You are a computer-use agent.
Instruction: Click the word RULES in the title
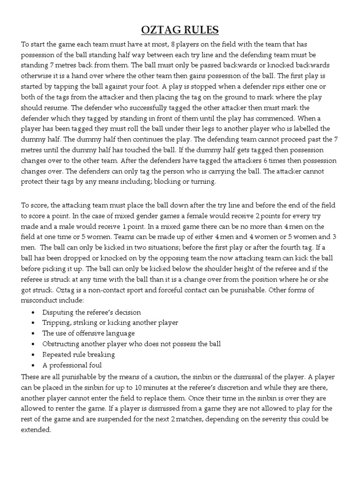(201, 30)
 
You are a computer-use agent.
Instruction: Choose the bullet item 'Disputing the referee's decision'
(91, 312)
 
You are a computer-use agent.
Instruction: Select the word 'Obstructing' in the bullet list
(61, 344)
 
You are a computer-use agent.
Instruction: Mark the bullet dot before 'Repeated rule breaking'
(32, 355)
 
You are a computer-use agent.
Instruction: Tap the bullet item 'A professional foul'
(72, 365)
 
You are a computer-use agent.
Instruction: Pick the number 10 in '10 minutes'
(139, 387)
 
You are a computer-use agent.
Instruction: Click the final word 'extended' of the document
(36, 430)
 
